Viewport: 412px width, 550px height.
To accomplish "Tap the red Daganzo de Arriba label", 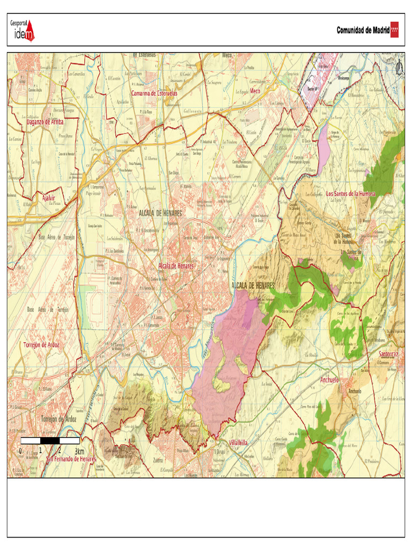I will click(x=45, y=122).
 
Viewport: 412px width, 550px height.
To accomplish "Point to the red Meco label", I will click(x=255, y=91).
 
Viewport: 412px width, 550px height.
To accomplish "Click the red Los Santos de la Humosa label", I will click(x=351, y=193).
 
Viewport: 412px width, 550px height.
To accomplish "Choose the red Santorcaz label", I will click(x=388, y=354).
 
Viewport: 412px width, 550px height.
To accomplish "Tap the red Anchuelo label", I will click(x=330, y=380).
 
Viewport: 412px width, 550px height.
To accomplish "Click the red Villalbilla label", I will click(x=238, y=443).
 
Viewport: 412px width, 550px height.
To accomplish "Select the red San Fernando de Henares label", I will click(x=71, y=459).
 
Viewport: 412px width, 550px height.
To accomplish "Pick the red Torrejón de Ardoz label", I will click(x=41, y=344).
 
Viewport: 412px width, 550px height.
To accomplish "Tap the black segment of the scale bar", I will click(x=50, y=441).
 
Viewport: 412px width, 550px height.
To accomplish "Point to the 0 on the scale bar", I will click(x=20, y=451).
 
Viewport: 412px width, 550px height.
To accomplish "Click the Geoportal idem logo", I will click(x=23, y=30).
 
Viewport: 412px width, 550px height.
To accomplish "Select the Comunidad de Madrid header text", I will click(x=363, y=30).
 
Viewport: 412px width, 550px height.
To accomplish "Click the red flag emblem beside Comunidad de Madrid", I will click(x=394, y=30).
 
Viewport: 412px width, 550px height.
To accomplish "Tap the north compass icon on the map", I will click(x=399, y=68).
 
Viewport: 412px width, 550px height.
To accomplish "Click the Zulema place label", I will click(x=158, y=461).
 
